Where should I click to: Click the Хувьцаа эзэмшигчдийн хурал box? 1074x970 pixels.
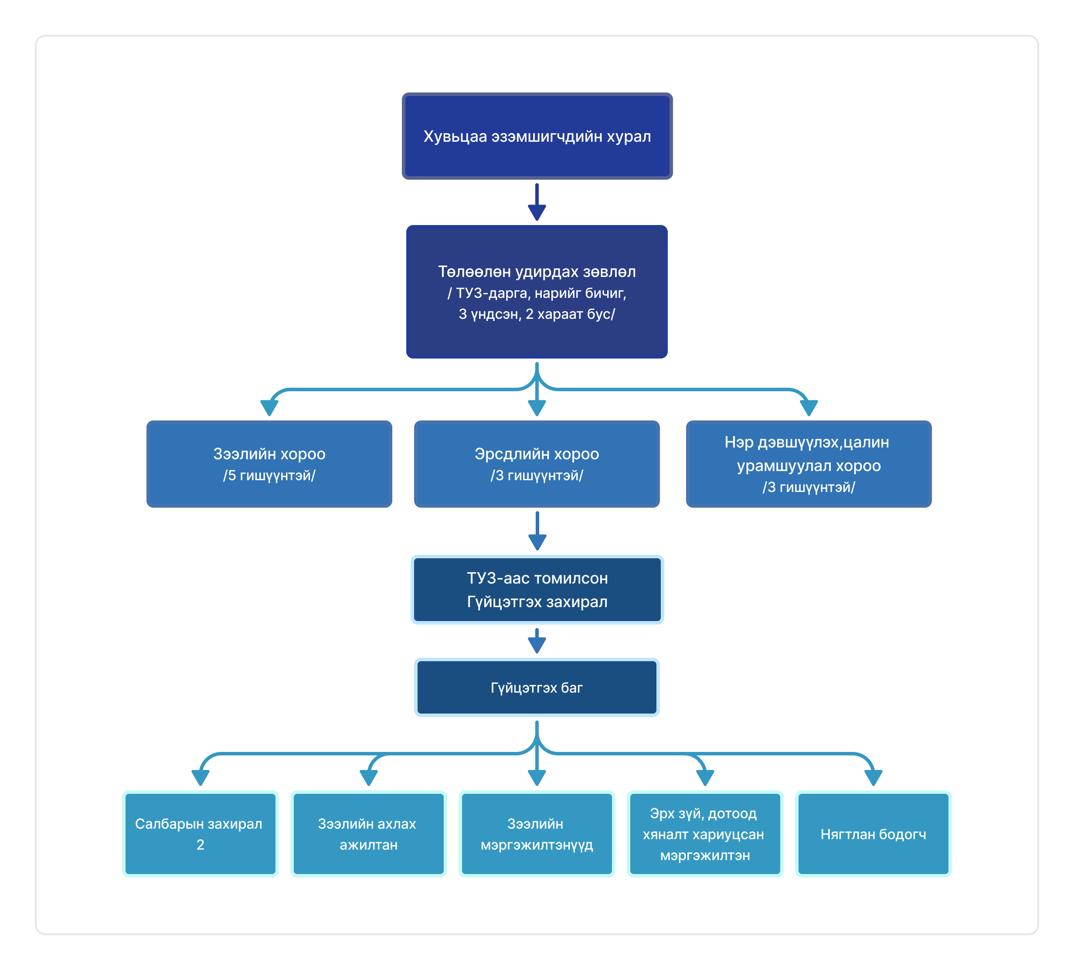pyautogui.click(x=537, y=137)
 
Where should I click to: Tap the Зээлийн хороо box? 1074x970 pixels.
pyautogui.click(x=269, y=464)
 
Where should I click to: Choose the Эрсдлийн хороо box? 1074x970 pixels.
pyautogui.click(x=537, y=464)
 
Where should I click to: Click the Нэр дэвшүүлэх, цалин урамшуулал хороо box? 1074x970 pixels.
pyautogui.click(x=809, y=464)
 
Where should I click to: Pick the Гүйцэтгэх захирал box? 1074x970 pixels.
pyautogui.click(x=537, y=590)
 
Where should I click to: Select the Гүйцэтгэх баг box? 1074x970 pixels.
pyautogui.click(x=537, y=687)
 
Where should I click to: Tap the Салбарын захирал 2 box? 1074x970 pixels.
pyautogui.click(x=201, y=834)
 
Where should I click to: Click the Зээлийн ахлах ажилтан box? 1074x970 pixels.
pyautogui.click(x=369, y=834)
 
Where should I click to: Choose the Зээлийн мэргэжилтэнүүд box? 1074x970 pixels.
pyautogui.click(x=537, y=834)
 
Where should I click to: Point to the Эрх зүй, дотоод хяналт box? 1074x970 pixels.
pyautogui.click(x=705, y=834)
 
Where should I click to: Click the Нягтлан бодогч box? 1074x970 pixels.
pyautogui.click(x=873, y=834)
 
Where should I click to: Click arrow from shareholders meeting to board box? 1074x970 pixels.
pyautogui.click(x=537, y=202)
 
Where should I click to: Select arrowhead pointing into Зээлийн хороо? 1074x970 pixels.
pyautogui.click(x=269, y=408)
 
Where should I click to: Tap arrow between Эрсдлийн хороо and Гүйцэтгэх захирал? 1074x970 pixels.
pyautogui.click(x=537, y=531)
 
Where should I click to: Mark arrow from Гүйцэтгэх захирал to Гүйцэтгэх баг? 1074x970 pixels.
pyautogui.click(x=537, y=641)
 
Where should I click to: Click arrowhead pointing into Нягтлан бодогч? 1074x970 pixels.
pyautogui.click(x=873, y=778)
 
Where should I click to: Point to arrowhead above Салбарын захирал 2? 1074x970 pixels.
pyautogui.click(x=201, y=778)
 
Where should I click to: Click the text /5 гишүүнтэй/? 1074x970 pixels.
pyautogui.click(x=269, y=475)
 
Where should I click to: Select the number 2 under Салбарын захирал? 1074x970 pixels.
pyautogui.click(x=201, y=845)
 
